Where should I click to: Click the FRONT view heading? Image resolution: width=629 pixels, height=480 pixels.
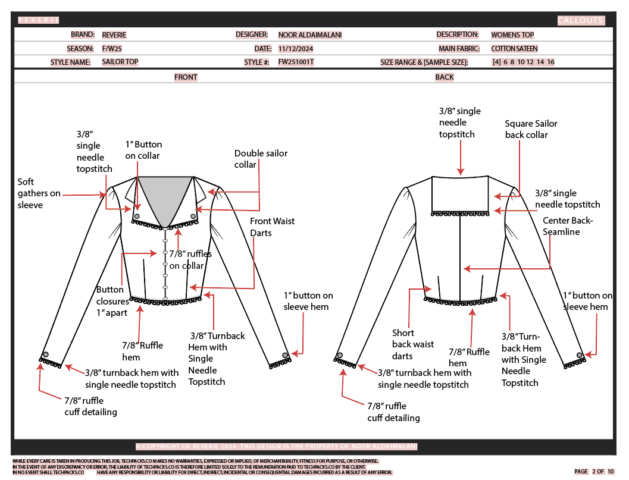tap(186, 77)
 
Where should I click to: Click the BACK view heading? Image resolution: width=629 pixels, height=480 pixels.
tap(445, 77)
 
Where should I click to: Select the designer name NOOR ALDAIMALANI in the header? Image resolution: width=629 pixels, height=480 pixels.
tap(310, 35)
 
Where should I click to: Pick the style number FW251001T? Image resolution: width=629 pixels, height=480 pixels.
tap(296, 62)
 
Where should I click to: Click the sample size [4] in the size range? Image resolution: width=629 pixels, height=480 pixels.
tap(496, 62)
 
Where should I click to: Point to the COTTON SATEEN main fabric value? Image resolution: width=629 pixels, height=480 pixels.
tap(514, 49)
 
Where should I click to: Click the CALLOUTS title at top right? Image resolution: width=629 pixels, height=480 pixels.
tap(580, 21)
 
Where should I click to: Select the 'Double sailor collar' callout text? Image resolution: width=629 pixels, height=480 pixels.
tap(261, 159)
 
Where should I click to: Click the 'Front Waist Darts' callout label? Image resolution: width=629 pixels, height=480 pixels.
tap(272, 227)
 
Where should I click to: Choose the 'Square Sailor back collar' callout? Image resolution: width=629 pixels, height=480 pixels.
tap(531, 129)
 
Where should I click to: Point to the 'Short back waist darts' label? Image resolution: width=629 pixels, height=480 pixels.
tap(412, 344)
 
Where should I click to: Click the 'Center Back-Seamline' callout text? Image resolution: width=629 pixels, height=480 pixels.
tap(568, 226)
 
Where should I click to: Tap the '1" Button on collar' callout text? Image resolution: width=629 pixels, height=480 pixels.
tap(143, 150)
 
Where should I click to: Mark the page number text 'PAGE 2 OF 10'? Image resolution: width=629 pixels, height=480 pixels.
tap(594, 472)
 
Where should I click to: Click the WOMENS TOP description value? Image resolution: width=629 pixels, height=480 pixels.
tap(512, 35)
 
